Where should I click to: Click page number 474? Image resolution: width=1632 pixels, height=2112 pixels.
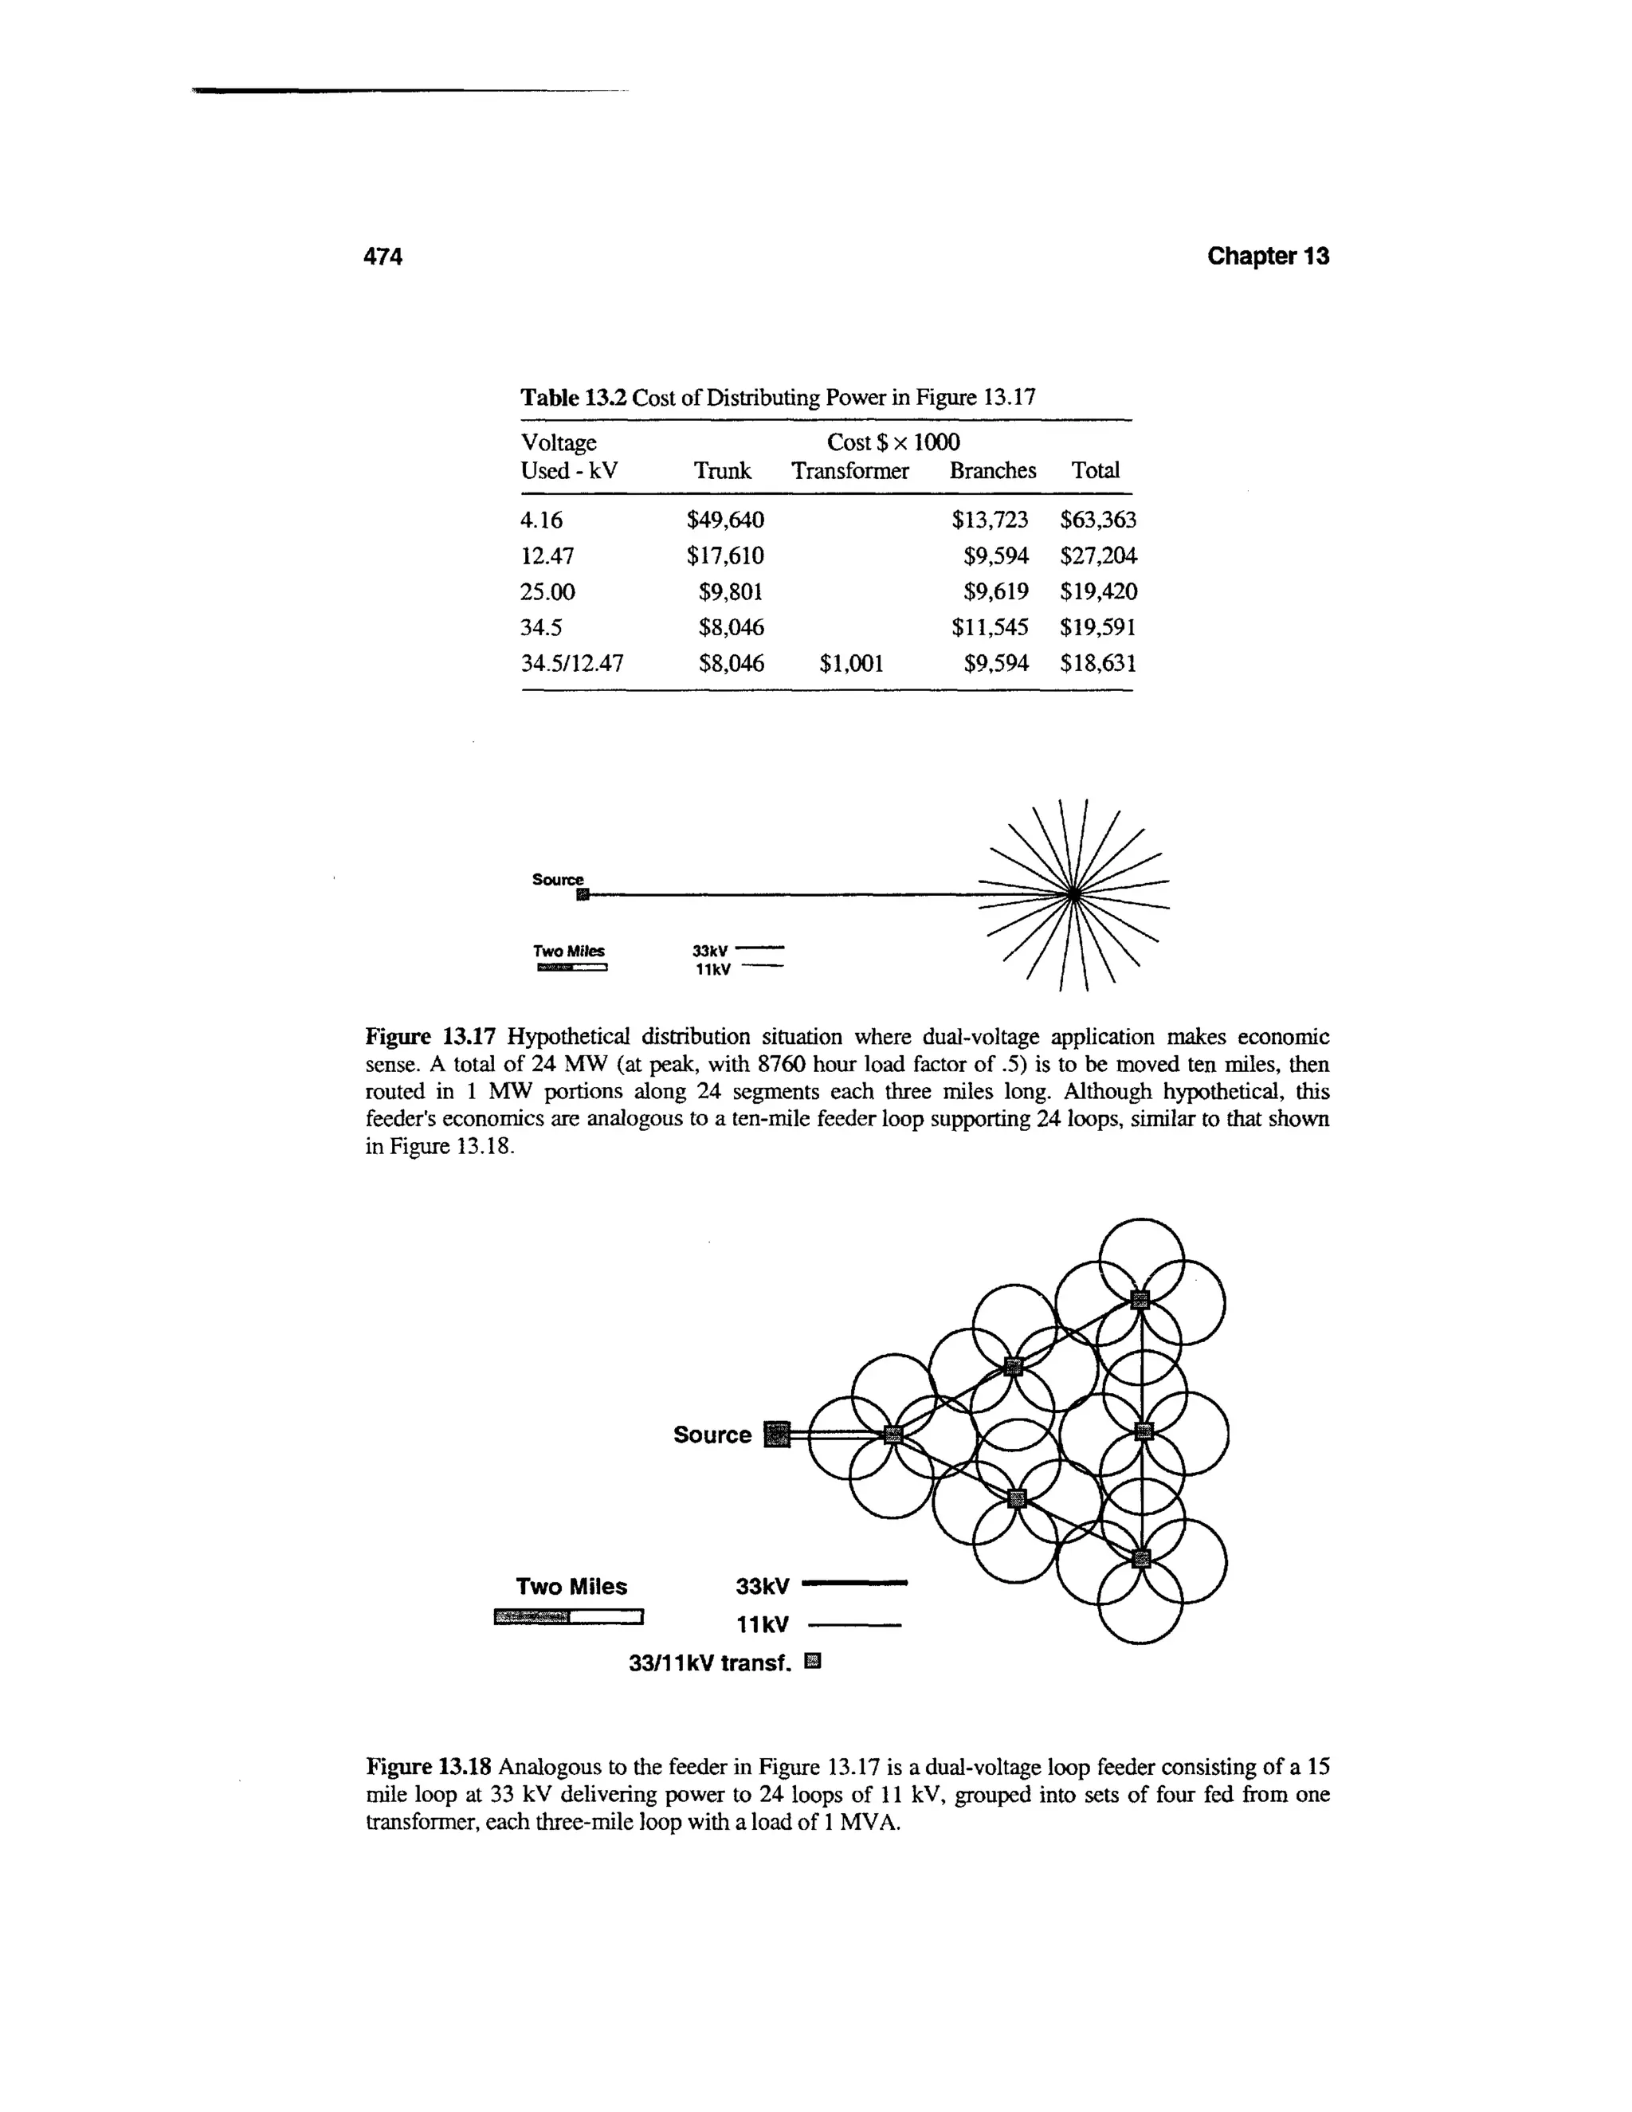382,257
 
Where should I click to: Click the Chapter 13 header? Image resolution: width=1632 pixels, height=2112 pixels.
1268,257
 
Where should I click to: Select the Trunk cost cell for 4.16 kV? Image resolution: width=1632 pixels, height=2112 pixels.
725,520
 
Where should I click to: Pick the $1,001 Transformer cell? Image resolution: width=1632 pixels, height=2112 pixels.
851,663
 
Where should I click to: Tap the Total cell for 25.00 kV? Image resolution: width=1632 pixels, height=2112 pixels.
1098,591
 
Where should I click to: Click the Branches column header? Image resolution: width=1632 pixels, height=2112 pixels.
992,471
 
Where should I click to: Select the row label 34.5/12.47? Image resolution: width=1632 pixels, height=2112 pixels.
572,663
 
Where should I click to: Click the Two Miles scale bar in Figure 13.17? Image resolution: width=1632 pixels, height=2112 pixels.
571,966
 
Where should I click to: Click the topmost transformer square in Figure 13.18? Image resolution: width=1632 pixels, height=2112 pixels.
1140,1299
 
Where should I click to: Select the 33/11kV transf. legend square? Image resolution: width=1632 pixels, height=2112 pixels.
812,1663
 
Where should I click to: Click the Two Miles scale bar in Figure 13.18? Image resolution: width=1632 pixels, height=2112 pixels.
567,1616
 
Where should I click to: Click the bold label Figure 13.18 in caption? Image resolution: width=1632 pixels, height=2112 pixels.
430,1768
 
